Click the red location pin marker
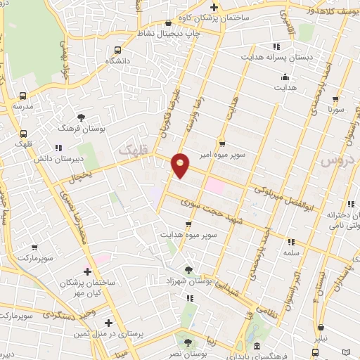point(181,165)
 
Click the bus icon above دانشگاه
point(117,50)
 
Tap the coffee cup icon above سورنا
point(335,99)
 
